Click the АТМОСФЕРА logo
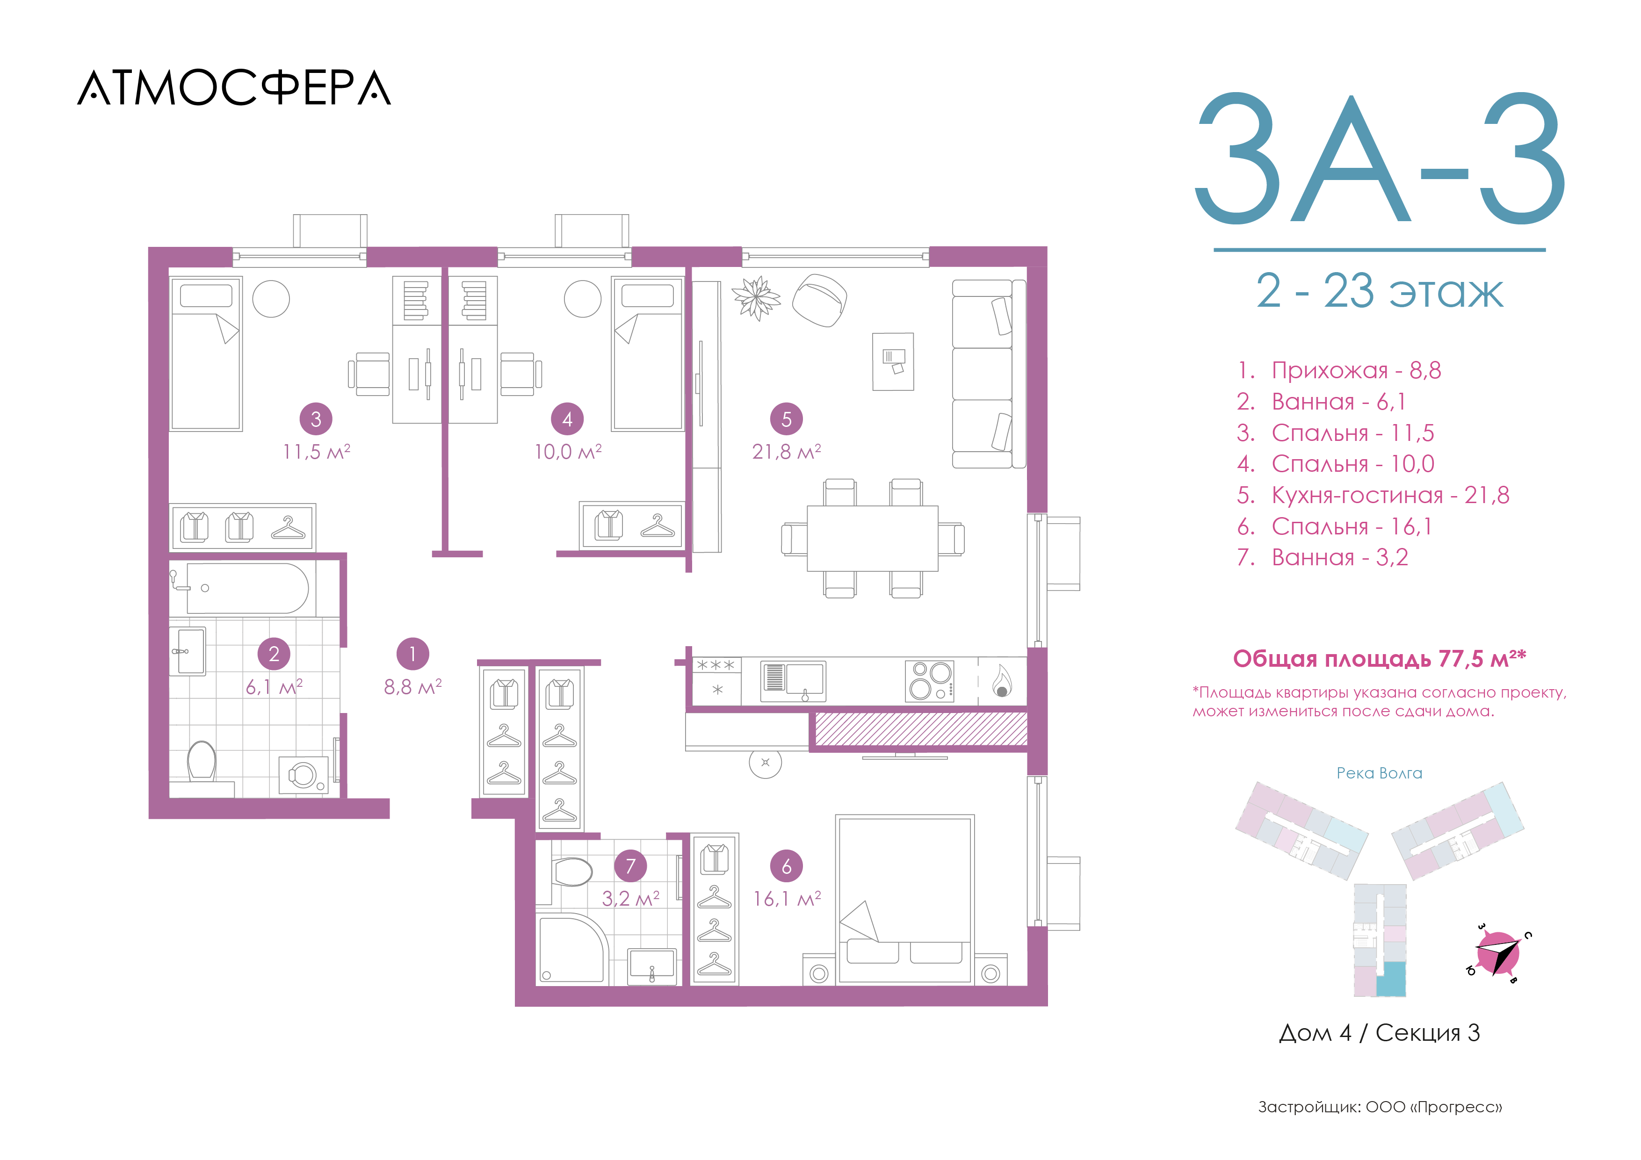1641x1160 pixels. (234, 88)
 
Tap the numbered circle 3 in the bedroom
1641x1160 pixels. (316, 419)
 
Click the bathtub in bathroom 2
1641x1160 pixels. (247, 588)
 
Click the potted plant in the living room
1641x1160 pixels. (756, 297)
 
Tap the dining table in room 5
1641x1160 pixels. (873, 538)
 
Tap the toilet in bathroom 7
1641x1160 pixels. (572, 871)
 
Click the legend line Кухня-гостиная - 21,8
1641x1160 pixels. (1373, 495)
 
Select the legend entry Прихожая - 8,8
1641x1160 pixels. (1339, 370)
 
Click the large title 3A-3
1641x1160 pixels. (1380, 158)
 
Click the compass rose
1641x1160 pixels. (1498, 953)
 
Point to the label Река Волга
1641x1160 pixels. (1380, 773)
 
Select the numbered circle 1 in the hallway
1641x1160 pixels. (412, 654)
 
